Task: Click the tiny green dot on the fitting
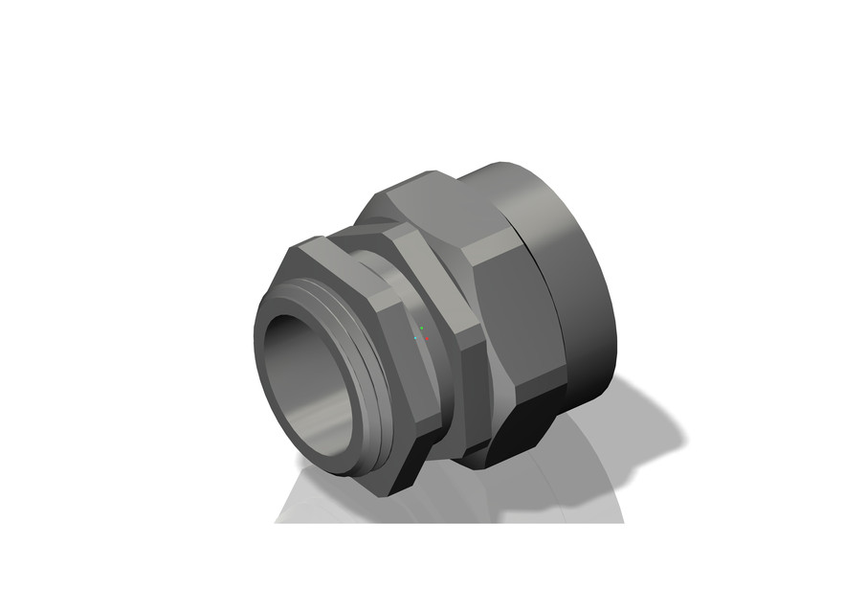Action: coord(421,328)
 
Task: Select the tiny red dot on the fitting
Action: coord(428,338)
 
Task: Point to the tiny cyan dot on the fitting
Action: coord(415,337)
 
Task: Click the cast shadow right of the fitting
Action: coord(641,421)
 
